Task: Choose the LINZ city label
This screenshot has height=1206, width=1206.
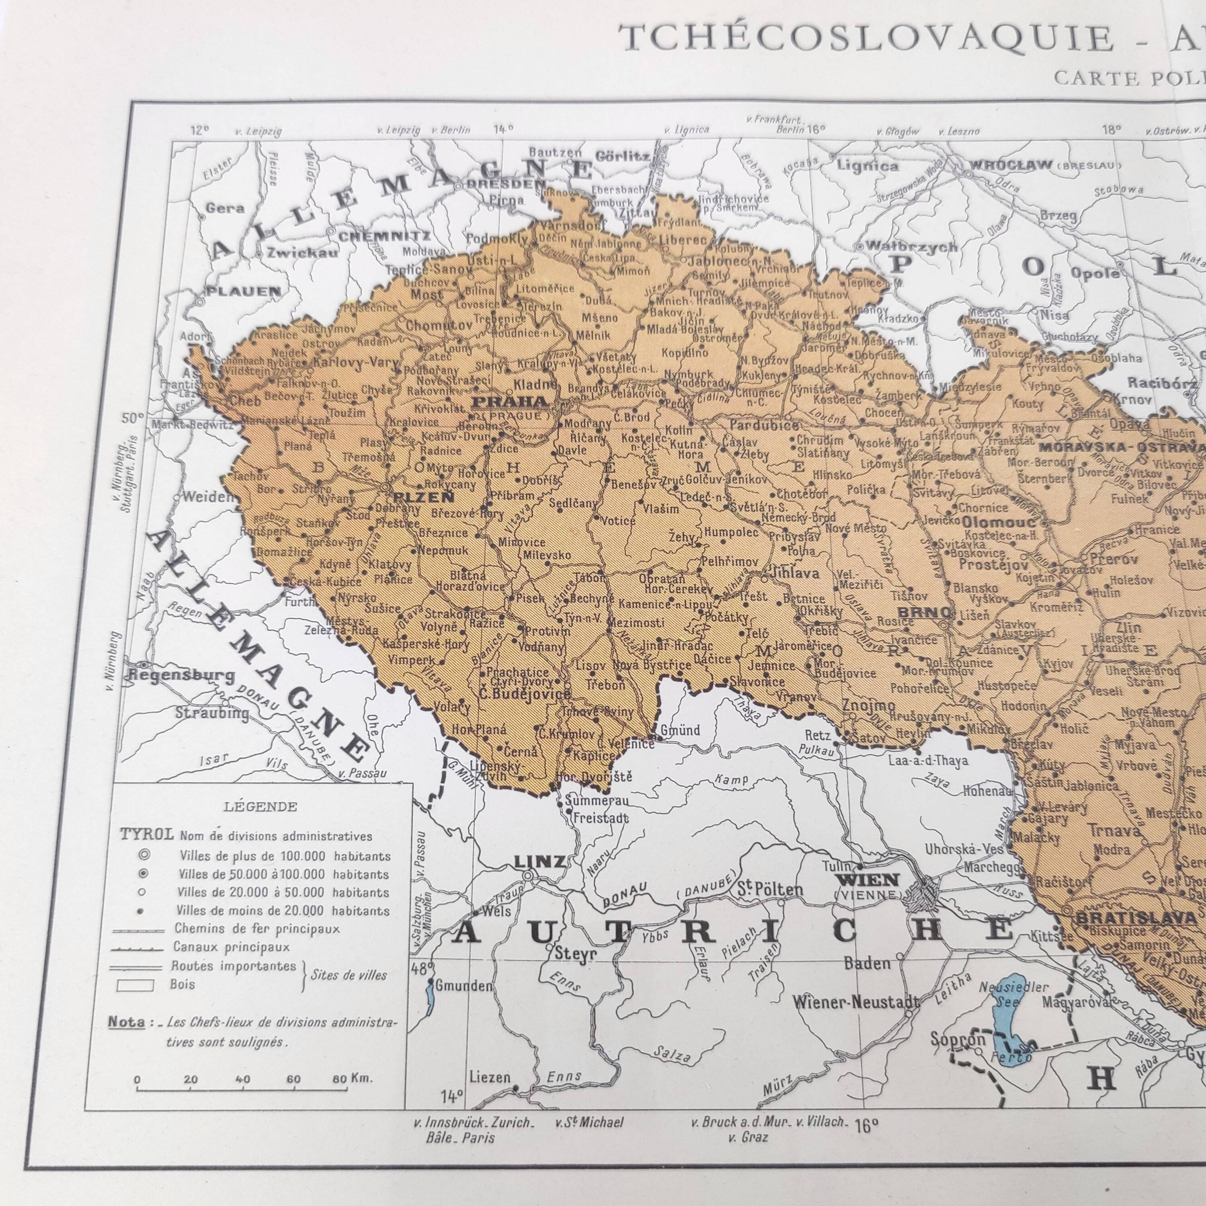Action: (539, 862)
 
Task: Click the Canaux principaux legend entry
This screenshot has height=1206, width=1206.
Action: (231, 947)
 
